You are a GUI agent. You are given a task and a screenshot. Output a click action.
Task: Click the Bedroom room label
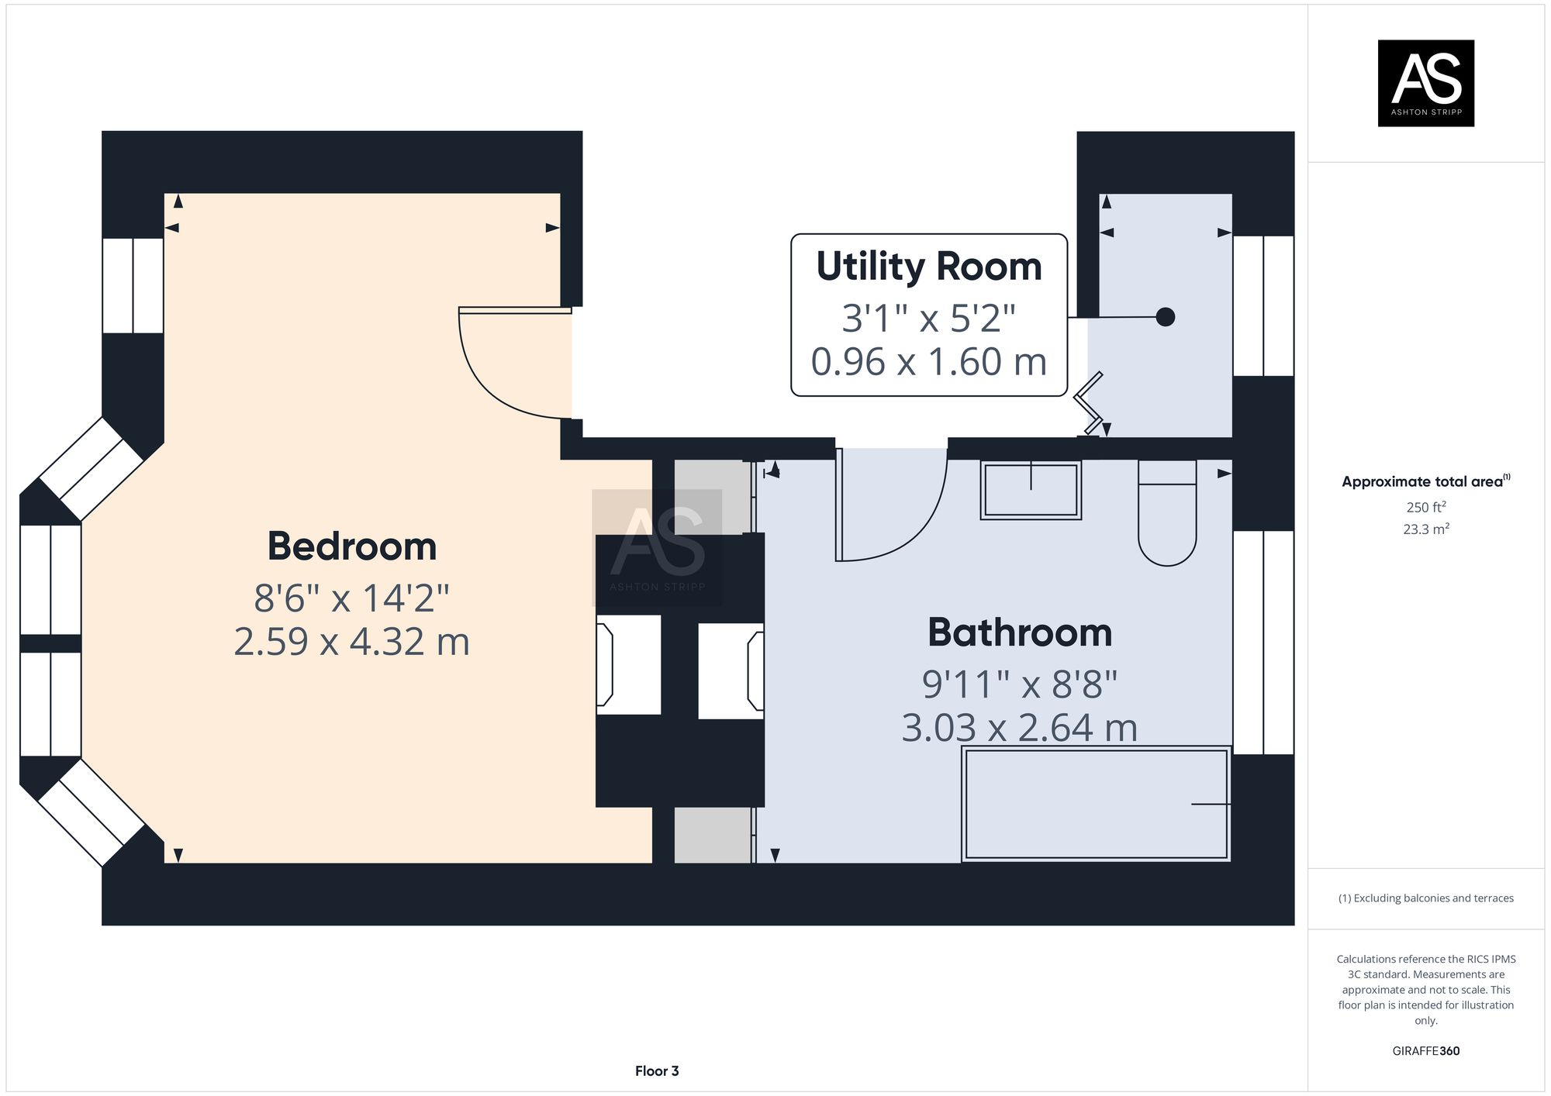coord(352,546)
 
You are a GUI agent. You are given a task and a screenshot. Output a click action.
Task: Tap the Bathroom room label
coord(1020,632)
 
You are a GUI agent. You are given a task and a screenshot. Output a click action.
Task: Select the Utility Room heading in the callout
coord(929,267)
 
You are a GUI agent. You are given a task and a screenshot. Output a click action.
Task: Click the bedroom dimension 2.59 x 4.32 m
coord(352,642)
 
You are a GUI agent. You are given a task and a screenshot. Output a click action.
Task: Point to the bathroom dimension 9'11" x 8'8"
coord(1020,684)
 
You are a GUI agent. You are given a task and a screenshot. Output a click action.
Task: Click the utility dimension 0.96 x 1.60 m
coord(929,362)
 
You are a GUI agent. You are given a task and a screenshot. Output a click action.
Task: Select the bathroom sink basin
coord(1031,490)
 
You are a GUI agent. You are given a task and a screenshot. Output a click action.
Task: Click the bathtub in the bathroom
coord(1096,804)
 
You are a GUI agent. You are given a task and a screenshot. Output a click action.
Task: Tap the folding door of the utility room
coord(1089,403)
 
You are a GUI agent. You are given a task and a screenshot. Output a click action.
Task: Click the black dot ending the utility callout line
coord(1165,317)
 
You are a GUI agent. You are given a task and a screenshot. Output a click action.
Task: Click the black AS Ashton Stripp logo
coord(1425,83)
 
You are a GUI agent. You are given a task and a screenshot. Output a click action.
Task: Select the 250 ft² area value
coord(1425,507)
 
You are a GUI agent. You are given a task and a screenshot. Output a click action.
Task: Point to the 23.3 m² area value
coord(1425,529)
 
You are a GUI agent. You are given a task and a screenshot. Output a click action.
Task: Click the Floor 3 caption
coord(657,1071)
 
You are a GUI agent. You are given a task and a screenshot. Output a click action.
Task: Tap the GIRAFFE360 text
coord(1425,1051)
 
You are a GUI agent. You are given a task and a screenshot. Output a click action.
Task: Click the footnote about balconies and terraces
coord(1425,898)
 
